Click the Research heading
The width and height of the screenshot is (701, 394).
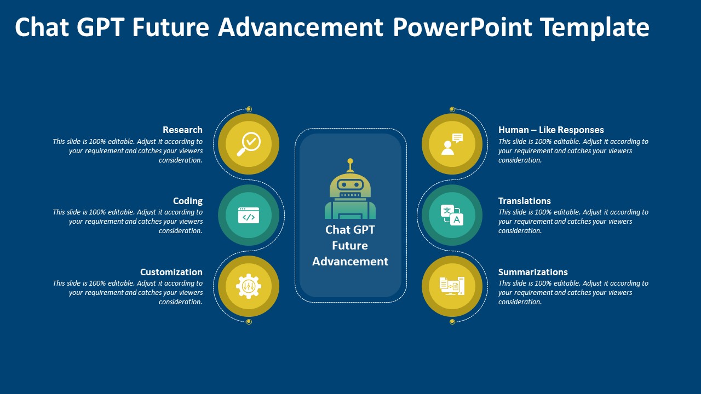182,130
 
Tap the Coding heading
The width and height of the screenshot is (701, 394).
188,201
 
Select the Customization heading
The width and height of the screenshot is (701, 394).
171,272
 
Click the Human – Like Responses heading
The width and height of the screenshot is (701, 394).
551,130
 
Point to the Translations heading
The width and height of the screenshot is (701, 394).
525,201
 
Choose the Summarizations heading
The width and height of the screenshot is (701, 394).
533,272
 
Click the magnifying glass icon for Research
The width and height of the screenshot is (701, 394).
249,144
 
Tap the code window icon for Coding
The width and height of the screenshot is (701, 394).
249,215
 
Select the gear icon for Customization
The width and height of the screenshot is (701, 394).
249,286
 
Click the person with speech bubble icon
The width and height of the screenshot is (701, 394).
452,144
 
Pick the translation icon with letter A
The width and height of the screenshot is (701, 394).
452,215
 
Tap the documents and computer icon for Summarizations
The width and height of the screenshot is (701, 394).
452,286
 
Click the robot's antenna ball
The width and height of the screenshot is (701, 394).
350,161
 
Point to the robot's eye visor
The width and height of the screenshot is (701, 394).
350,185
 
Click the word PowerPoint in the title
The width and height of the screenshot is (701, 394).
462,27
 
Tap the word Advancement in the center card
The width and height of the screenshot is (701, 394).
350,262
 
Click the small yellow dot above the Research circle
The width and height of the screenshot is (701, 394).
249,109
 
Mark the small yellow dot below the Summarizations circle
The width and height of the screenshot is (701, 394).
452,322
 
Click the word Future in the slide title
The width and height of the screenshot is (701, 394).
170,27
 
